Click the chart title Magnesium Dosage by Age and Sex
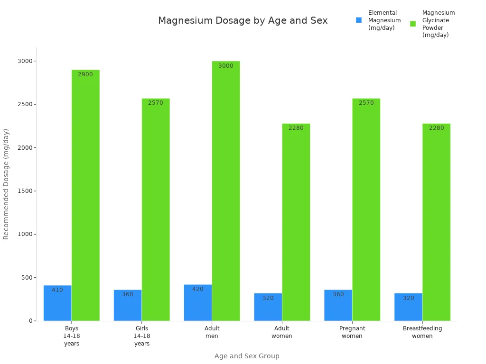pyautogui.click(x=243, y=21)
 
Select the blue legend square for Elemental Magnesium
pyautogui.click(x=359, y=20)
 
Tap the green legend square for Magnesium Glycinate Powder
pyautogui.click(x=413, y=24)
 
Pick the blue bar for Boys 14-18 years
pyautogui.click(x=57, y=303)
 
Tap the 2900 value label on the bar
pyautogui.click(x=85, y=74)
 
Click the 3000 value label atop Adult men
pyautogui.click(x=226, y=66)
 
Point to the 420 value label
pyautogui.click(x=197, y=289)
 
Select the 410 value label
pyautogui.click(x=57, y=290)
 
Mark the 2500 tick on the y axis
pyautogui.click(x=25, y=104)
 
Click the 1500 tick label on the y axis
pyautogui.click(x=25, y=191)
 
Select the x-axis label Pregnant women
pyautogui.click(x=352, y=332)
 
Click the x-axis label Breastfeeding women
pyautogui.click(x=422, y=332)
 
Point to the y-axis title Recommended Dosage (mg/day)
pyautogui.click(x=6, y=184)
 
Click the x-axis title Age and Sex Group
pyautogui.click(x=246, y=356)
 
